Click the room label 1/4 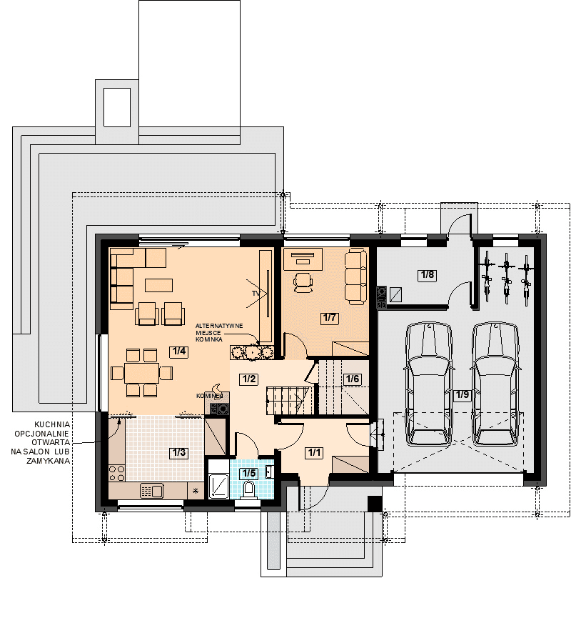tap(179, 352)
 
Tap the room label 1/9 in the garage tap(463, 394)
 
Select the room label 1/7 tap(330, 318)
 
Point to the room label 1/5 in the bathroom tap(249, 473)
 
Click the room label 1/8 tap(428, 274)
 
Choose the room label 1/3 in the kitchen tap(179, 453)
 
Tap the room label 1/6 tap(353, 379)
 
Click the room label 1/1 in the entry tap(314, 453)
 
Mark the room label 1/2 tap(249, 379)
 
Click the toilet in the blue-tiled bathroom tap(248, 490)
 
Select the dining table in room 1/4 tap(142, 373)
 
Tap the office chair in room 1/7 tap(303, 282)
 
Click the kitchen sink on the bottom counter tap(151, 490)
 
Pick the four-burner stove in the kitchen tap(117, 473)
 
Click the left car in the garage tap(429, 384)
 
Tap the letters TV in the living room tap(256, 294)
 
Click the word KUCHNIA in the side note tap(52, 425)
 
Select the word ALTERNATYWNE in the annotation tap(219, 326)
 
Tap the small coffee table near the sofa tap(159, 285)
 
